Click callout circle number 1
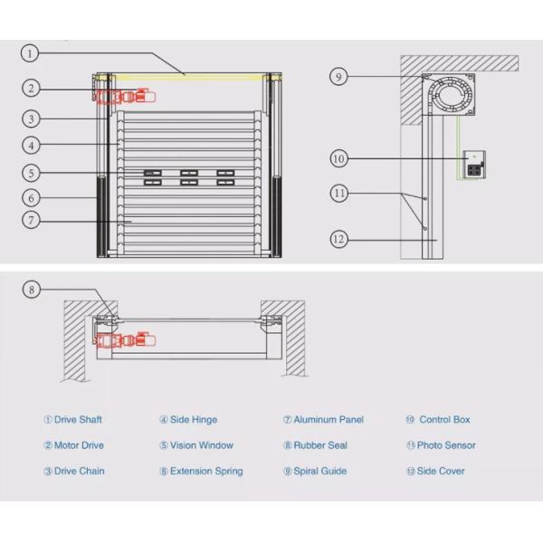point(31,53)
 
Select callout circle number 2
point(31,88)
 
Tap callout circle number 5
point(31,172)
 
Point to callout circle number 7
point(31,220)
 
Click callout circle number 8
point(31,290)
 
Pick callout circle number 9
point(338,77)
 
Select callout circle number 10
point(338,159)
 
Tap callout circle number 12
point(338,240)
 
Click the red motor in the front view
point(127,96)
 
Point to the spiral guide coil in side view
point(451,94)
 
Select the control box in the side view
point(473,163)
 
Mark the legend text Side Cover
point(441,472)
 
